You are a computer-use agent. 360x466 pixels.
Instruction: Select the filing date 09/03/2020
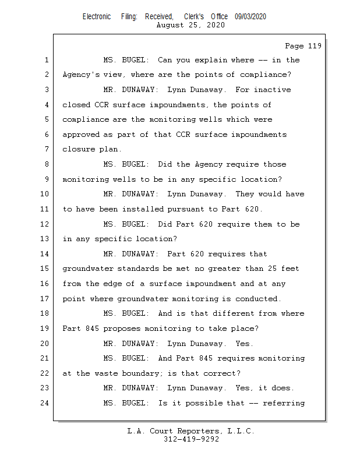tap(250, 16)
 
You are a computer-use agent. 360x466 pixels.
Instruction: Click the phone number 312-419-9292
tap(191, 439)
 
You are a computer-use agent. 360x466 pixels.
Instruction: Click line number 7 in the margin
tap(47, 150)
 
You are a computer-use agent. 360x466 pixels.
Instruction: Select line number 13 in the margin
tap(44, 239)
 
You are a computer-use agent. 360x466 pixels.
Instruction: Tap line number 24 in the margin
tap(44, 403)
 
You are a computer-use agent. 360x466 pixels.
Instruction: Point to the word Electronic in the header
tap(97, 16)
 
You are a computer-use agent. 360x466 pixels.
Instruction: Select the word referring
tap(284, 403)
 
